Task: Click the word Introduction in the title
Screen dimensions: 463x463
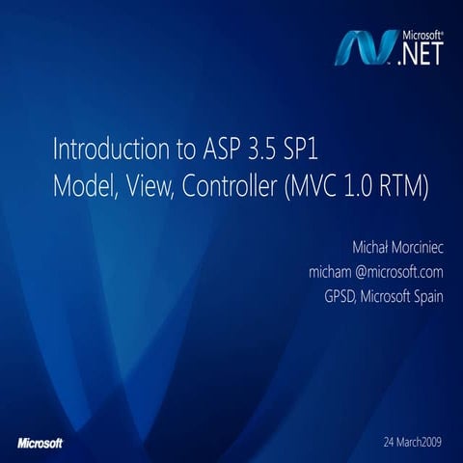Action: tap(105, 151)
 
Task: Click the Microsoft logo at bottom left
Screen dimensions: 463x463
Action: tap(41, 443)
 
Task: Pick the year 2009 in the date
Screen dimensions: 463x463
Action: tap(427, 441)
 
